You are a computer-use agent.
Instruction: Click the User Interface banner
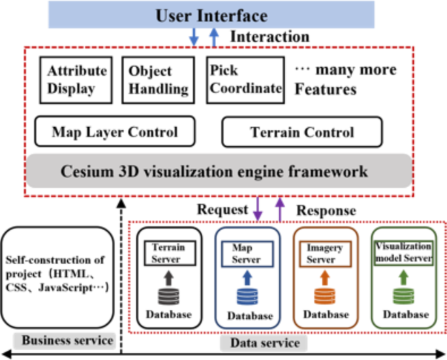(x=211, y=14)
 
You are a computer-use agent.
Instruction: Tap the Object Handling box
(x=158, y=80)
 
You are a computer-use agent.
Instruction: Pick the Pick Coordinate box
(x=245, y=80)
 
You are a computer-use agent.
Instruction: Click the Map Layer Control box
(x=115, y=132)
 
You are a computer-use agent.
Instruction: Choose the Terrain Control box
(x=302, y=132)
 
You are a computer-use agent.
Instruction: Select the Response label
(x=326, y=210)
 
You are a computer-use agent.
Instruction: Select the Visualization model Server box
(x=403, y=253)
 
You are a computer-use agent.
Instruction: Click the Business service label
(x=64, y=340)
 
